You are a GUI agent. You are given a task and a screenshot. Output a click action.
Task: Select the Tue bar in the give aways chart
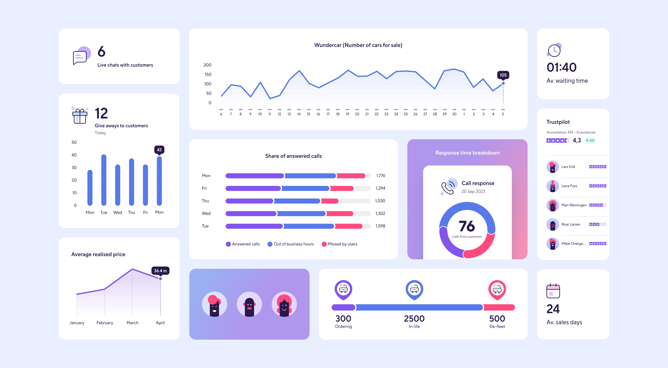(x=104, y=180)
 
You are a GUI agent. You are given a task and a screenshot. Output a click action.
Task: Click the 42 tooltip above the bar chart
(x=159, y=150)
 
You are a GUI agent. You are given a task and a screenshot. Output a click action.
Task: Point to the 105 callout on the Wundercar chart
(x=503, y=75)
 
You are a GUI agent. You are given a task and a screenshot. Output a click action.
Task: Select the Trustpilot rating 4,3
(x=577, y=140)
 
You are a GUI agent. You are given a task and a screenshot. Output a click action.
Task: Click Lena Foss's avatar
(x=552, y=186)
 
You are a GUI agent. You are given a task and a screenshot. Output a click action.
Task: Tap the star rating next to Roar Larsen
(x=598, y=224)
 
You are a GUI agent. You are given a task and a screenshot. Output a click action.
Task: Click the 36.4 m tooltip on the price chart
(x=160, y=271)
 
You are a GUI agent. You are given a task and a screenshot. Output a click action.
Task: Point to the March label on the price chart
(x=132, y=323)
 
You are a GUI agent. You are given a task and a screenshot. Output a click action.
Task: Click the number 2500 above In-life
(x=414, y=318)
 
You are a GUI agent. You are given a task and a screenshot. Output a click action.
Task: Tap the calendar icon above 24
(x=553, y=291)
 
